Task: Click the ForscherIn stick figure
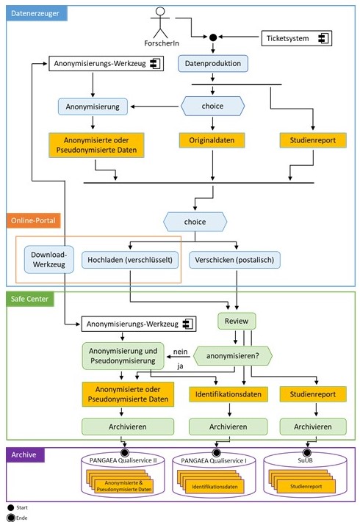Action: [160, 22]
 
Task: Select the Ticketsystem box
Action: [296, 38]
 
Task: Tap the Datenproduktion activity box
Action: [213, 63]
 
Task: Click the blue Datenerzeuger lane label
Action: [37, 13]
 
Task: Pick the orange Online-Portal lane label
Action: [33, 220]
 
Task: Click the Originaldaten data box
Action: [212, 140]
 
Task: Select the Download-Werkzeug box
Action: [49, 260]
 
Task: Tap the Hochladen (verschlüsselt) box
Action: [130, 260]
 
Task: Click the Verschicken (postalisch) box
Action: [234, 260]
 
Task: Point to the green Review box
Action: [237, 321]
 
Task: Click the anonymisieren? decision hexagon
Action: [232, 356]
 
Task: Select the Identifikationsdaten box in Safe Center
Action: [228, 394]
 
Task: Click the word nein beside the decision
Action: [180, 352]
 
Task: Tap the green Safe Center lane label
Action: [30, 299]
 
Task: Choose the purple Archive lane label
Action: [25, 454]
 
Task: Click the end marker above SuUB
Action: [306, 452]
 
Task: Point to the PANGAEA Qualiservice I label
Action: [214, 461]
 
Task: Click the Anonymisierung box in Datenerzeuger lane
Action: [93, 106]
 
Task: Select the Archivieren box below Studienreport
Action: [313, 427]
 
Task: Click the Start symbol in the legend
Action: [11, 508]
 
